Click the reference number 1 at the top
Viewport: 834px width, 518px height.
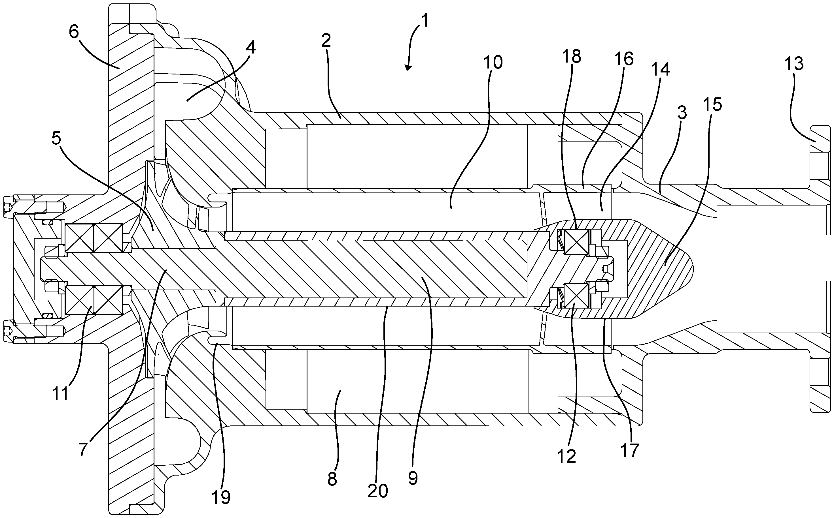point(425,22)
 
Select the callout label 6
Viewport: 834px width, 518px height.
point(74,32)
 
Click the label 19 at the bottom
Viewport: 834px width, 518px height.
point(220,497)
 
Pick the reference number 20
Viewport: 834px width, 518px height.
point(377,491)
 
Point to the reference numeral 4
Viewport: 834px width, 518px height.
point(251,48)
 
